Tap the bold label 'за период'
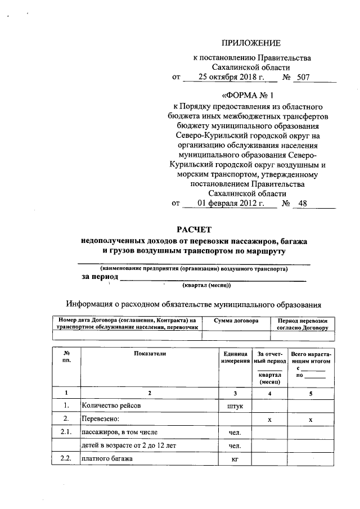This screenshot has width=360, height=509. (x=100, y=277)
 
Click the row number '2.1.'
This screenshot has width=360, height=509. (x=66, y=432)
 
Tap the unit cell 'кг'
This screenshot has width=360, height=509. (x=235, y=460)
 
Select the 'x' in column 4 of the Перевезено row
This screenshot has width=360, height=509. (x=269, y=420)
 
